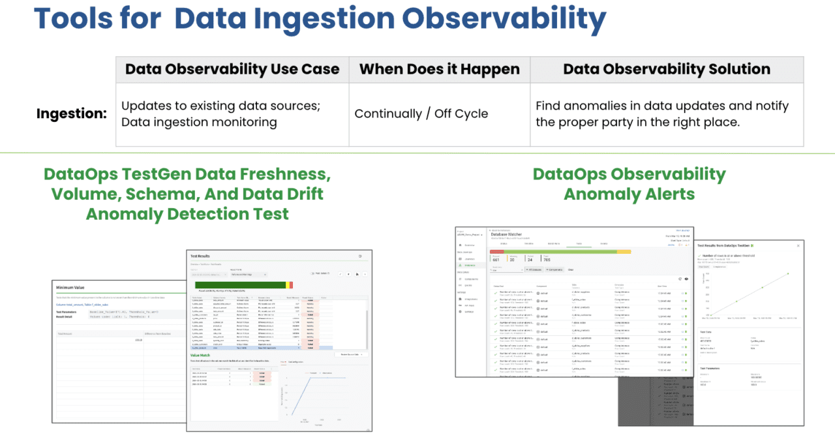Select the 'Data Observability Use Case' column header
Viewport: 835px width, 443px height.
point(232,69)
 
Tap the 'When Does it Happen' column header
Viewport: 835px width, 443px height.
point(439,69)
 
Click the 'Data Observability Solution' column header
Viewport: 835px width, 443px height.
point(666,69)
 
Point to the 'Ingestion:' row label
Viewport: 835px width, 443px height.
point(72,114)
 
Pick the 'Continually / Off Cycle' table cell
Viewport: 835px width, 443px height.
point(421,114)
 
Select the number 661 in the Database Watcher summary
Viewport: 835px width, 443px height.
point(496,259)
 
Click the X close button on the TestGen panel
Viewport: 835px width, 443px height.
point(798,245)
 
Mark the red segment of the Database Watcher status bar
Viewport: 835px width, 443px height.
point(496,251)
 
